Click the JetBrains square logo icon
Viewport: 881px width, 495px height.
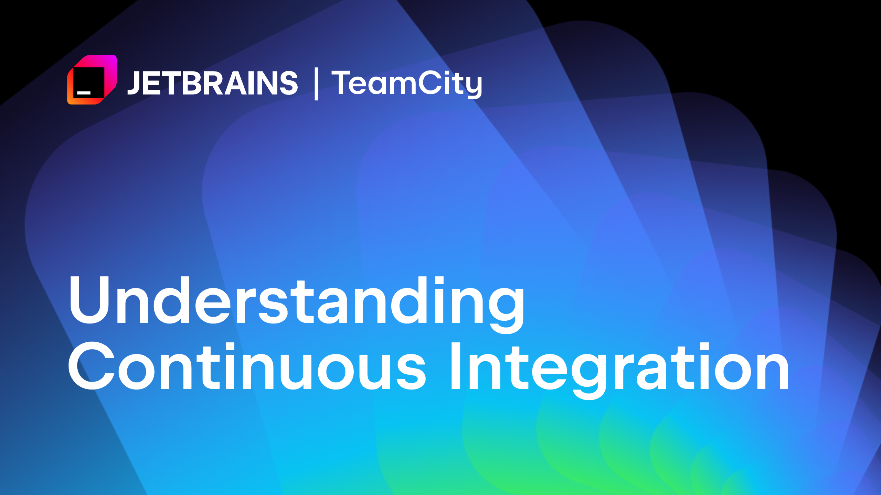92,80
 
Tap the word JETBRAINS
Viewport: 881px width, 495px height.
213,83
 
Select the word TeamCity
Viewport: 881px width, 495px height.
406,83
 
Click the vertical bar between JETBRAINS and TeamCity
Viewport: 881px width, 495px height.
316,84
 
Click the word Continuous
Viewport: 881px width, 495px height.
247,366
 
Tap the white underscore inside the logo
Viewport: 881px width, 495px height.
84,92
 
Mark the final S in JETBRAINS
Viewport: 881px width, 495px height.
288,83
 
